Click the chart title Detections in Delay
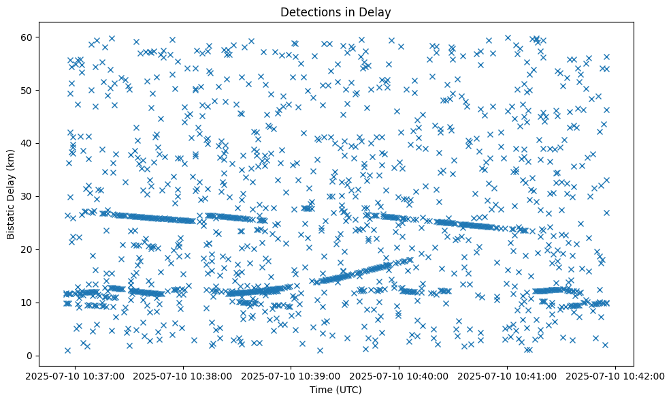click(x=335, y=12)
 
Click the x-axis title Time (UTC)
click(x=335, y=390)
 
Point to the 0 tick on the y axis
click(x=31, y=356)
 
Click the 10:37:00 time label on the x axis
click(x=75, y=375)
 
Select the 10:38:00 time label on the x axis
click(x=183, y=375)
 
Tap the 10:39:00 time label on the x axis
click(x=291, y=375)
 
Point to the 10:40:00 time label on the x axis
click(x=399, y=375)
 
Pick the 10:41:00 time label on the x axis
click(x=508, y=375)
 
